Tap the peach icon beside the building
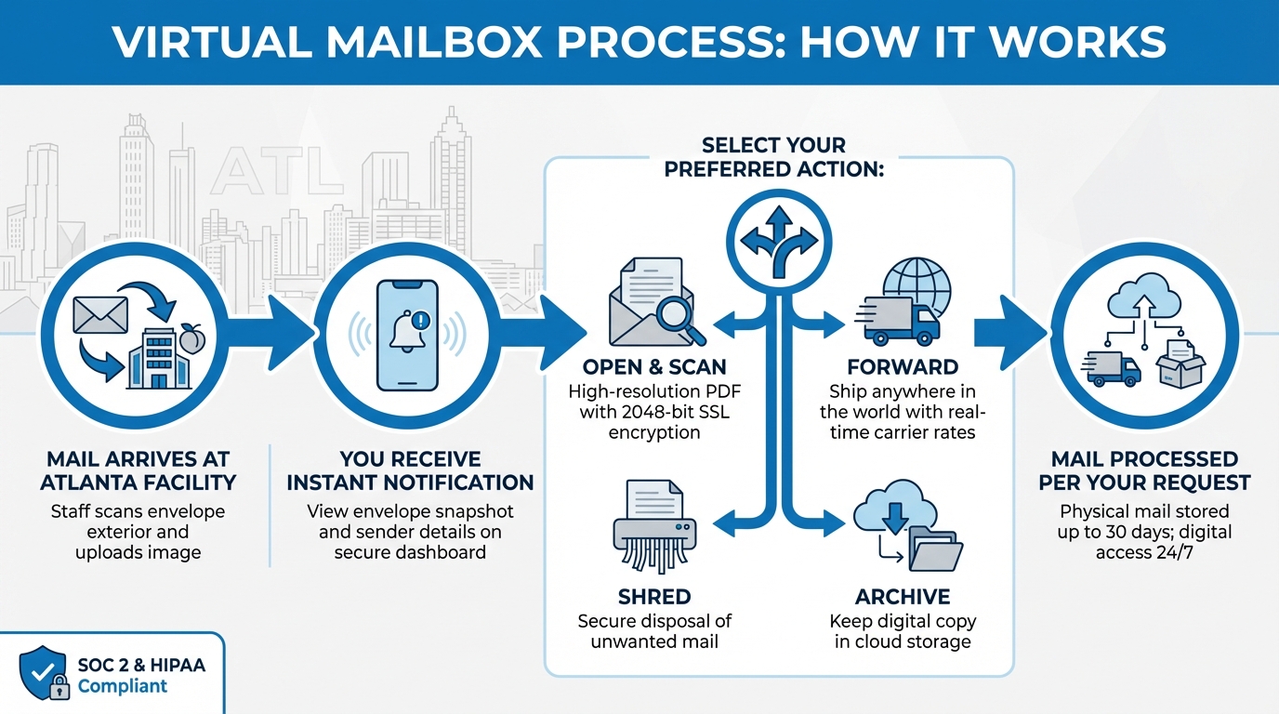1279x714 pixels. [x=192, y=339]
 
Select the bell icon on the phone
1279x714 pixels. [x=407, y=331]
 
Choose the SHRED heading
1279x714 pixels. [x=654, y=596]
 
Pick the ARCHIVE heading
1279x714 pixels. [x=902, y=596]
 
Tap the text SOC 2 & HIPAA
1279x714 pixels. [x=141, y=666]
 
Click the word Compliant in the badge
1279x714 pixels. [x=123, y=687]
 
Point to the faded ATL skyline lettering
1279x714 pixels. [x=270, y=173]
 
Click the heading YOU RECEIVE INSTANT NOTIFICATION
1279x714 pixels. [x=410, y=470]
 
